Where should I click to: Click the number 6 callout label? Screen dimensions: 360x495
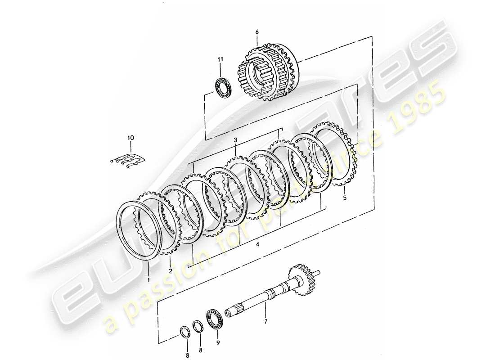[257, 32]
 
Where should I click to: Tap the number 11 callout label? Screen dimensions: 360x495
[220, 59]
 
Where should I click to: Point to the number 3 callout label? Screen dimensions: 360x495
[235, 141]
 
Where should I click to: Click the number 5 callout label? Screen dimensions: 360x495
[345, 197]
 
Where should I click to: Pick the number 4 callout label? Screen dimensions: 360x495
[257, 244]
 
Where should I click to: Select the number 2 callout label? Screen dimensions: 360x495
[171, 271]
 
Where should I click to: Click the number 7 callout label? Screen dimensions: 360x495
[265, 322]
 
